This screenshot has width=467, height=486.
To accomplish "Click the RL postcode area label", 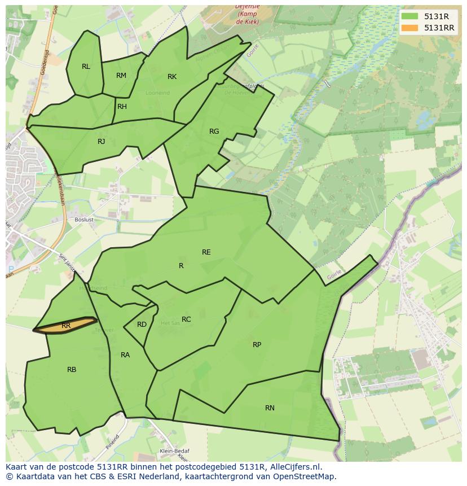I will (86, 67).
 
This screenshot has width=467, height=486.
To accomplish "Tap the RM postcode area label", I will (121, 76).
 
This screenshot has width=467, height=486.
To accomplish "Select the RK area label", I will (172, 77).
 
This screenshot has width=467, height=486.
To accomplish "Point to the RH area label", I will (122, 107).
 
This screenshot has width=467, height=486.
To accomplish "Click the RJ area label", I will (102, 142).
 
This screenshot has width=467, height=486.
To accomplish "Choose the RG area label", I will (214, 132).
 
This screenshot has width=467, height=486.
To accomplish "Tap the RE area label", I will (206, 252).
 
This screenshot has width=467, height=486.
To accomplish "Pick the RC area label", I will (186, 319).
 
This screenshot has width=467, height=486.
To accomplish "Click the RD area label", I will (142, 325).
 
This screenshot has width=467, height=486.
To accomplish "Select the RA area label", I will (125, 355).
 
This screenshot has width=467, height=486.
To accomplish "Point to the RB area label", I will (72, 370).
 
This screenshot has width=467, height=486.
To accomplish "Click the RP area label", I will (257, 345).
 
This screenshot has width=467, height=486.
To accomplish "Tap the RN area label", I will (270, 408).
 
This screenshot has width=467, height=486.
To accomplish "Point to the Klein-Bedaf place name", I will (174, 451).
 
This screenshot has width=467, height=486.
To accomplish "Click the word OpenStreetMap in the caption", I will (305, 476).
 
